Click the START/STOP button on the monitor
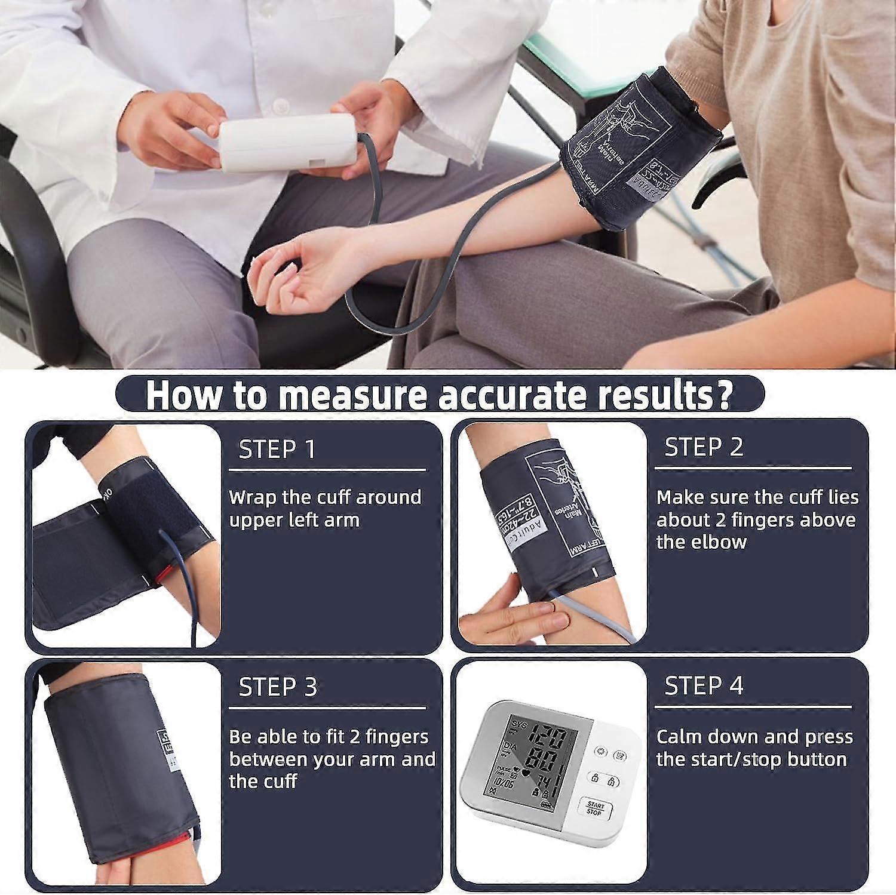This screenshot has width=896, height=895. pos(594,808)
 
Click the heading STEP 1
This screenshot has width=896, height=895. pos(277,449)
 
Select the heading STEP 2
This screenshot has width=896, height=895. pos(704,447)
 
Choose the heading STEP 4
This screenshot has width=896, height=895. pos(704,685)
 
